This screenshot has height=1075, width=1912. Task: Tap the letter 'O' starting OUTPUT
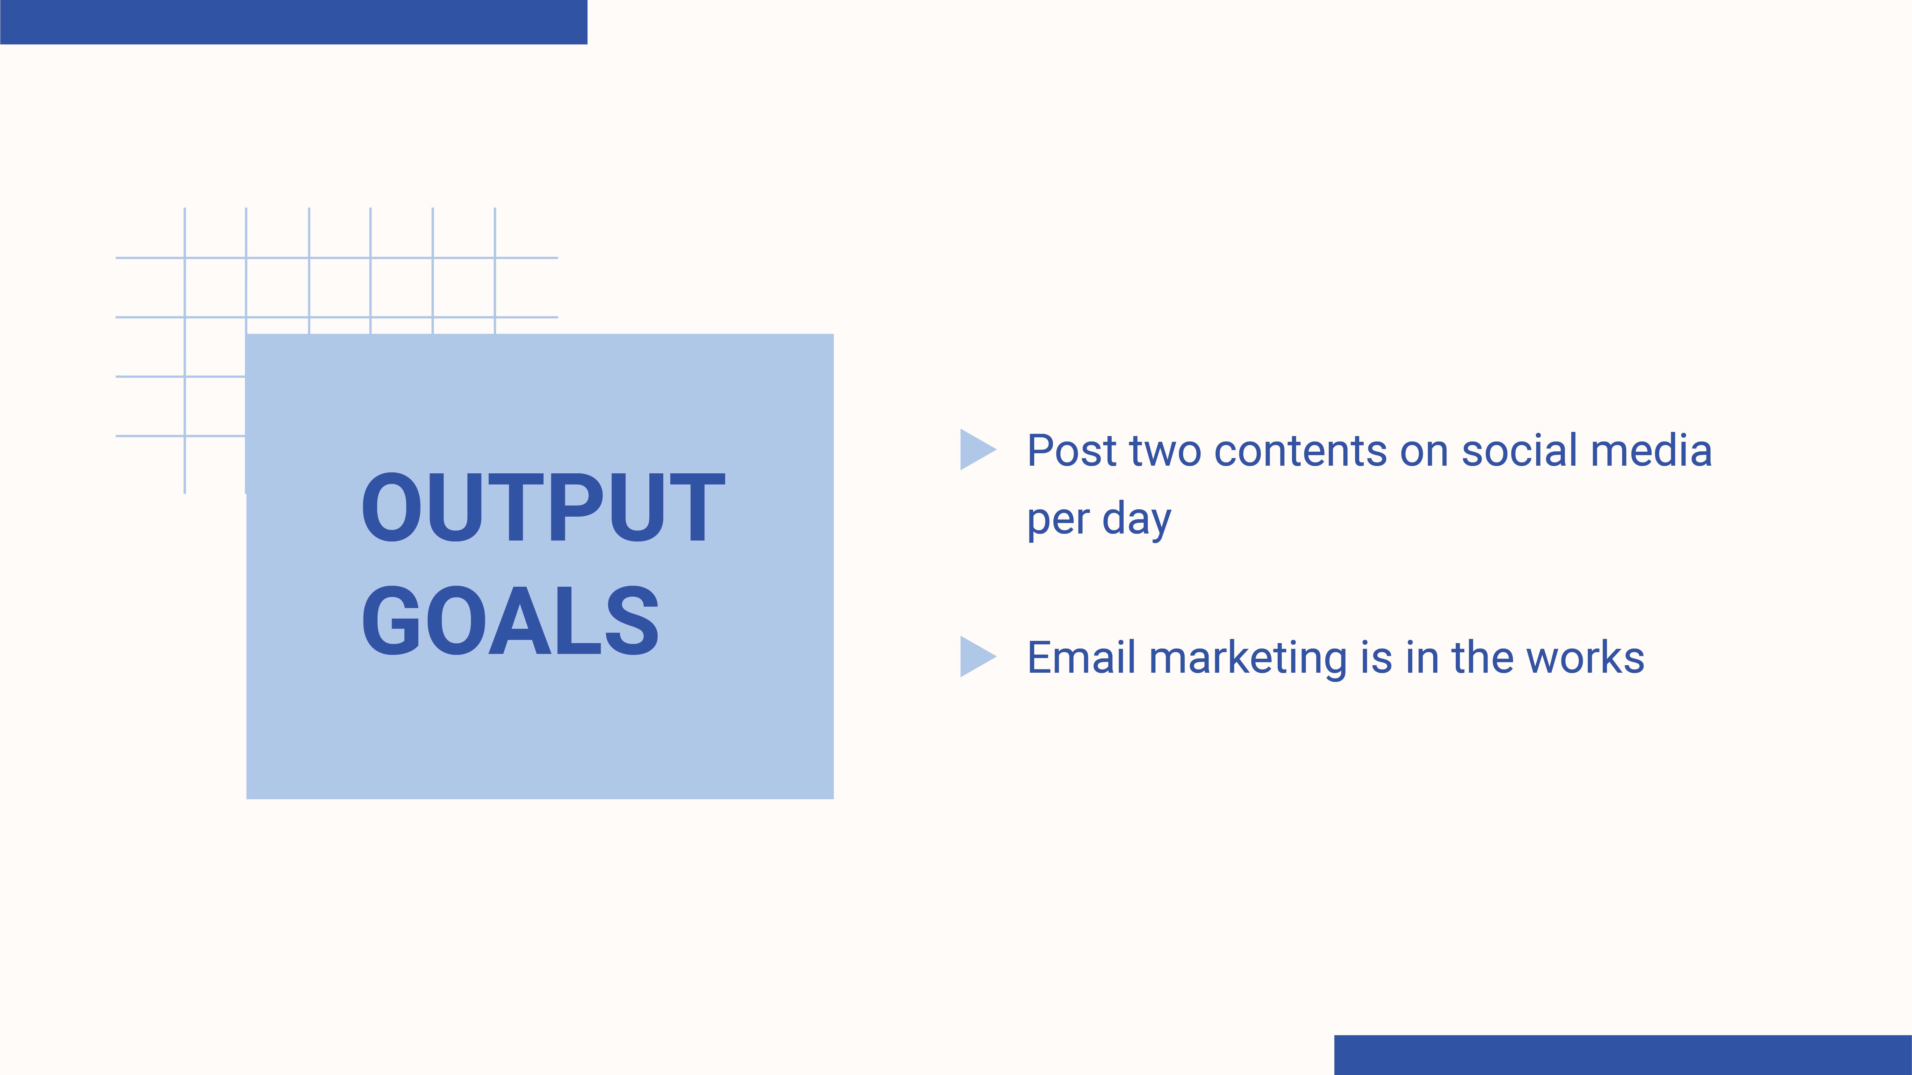pyautogui.click(x=390, y=507)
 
